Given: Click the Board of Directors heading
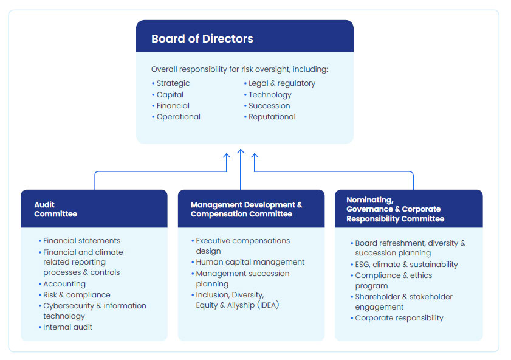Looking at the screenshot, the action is click(202, 39).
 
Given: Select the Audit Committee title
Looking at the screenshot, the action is click(55, 209).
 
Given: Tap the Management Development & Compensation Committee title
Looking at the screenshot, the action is click(246, 209).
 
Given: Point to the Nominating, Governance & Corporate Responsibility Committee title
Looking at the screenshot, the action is click(395, 209).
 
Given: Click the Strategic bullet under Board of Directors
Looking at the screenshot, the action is click(173, 83).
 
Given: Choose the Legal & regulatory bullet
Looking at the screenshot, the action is click(282, 83).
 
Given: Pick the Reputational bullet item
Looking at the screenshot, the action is click(272, 117).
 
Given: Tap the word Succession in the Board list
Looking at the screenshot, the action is click(269, 106).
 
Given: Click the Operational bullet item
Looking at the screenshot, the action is click(178, 117).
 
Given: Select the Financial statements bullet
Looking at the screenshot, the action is click(82, 241).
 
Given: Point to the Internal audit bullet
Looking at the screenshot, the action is click(68, 327).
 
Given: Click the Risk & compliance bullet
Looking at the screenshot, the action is click(77, 295).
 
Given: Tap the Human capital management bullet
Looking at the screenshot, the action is click(250, 262).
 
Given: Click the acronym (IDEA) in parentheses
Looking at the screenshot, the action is click(268, 305).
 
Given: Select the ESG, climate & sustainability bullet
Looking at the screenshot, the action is click(406, 265).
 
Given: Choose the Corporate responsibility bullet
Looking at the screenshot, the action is click(399, 318).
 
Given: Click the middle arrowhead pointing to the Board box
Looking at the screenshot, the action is click(241, 151).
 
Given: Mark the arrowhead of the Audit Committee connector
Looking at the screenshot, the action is click(227, 156).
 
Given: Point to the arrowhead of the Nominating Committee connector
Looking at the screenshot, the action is click(255, 156).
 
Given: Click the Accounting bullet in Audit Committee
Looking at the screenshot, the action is click(64, 284).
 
